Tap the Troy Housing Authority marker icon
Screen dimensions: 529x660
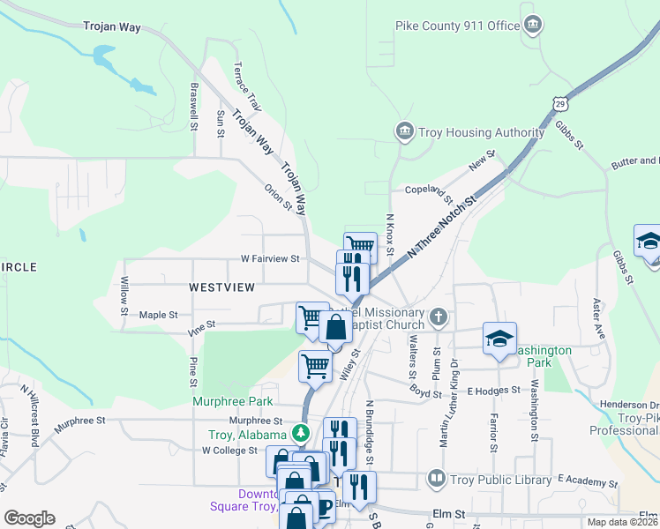click(x=405, y=131)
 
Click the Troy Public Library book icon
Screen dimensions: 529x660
click(x=436, y=480)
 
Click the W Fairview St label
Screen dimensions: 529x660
click(x=272, y=259)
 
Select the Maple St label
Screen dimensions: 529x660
click(x=159, y=315)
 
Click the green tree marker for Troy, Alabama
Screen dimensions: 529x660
click(x=301, y=433)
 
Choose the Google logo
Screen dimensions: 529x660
click(x=29, y=518)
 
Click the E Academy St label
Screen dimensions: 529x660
click(x=593, y=483)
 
